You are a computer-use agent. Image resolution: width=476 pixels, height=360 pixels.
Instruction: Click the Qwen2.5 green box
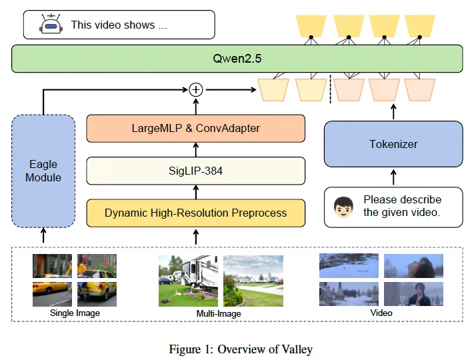click(237, 59)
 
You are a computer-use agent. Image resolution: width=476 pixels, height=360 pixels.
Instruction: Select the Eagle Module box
click(43, 171)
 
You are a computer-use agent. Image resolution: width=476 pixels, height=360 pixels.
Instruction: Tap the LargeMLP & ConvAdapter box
click(196, 128)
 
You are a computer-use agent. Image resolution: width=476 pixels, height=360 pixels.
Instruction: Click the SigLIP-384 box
click(196, 171)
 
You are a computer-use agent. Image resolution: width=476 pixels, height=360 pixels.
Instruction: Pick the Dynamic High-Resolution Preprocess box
click(196, 213)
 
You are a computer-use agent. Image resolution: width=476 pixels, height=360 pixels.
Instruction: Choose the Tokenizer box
click(393, 144)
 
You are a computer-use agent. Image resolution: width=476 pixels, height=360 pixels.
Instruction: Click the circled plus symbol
click(196, 89)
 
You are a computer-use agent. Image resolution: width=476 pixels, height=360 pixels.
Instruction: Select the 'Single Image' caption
click(74, 312)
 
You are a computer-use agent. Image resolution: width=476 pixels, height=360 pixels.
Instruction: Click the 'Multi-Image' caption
click(219, 313)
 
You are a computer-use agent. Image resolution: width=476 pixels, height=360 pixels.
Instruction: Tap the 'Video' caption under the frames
click(381, 312)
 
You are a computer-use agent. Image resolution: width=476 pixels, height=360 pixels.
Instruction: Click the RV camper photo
click(189, 280)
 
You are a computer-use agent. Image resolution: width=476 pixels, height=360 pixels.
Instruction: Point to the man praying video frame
click(414, 294)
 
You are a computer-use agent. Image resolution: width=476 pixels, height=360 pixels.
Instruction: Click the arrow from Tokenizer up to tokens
click(393, 111)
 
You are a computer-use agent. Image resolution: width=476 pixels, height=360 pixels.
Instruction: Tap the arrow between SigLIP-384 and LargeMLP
click(196, 149)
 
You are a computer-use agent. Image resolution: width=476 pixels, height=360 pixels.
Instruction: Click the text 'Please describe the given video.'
click(402, 206)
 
